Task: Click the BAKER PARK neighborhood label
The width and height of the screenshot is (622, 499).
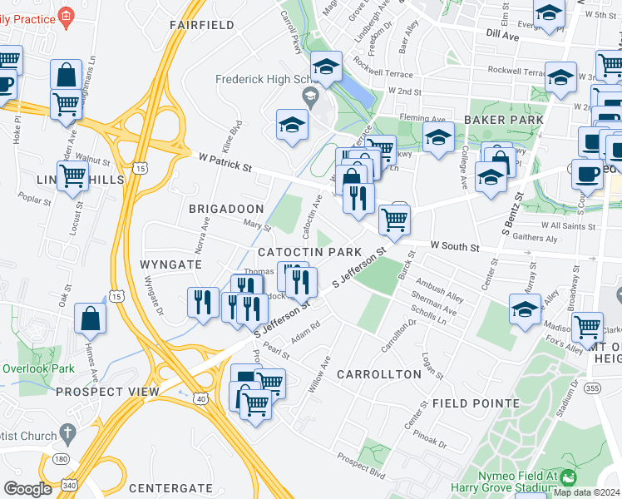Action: click(x=504, y=120)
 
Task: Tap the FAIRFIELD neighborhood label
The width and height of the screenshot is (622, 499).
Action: click(x=202, y=25)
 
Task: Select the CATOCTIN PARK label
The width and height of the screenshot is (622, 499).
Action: click(x=309, y=251)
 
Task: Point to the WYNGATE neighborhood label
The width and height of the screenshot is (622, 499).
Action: click(x=171, y=264)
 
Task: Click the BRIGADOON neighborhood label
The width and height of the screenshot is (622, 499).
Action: click(x=226, y=208)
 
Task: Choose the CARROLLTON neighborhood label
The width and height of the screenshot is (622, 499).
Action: click(x=379, y=374)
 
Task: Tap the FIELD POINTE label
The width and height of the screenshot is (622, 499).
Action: click(x=476, y=403)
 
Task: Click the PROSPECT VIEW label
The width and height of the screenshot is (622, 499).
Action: click(x=107, y=392)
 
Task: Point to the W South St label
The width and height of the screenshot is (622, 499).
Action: click(x=455, y=247)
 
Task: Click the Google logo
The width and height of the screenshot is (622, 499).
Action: click(x=27, y=489)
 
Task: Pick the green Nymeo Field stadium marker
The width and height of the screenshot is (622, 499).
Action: click(x=568, y=477)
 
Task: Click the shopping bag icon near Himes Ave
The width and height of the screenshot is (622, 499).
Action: click(x=90, y=319)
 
